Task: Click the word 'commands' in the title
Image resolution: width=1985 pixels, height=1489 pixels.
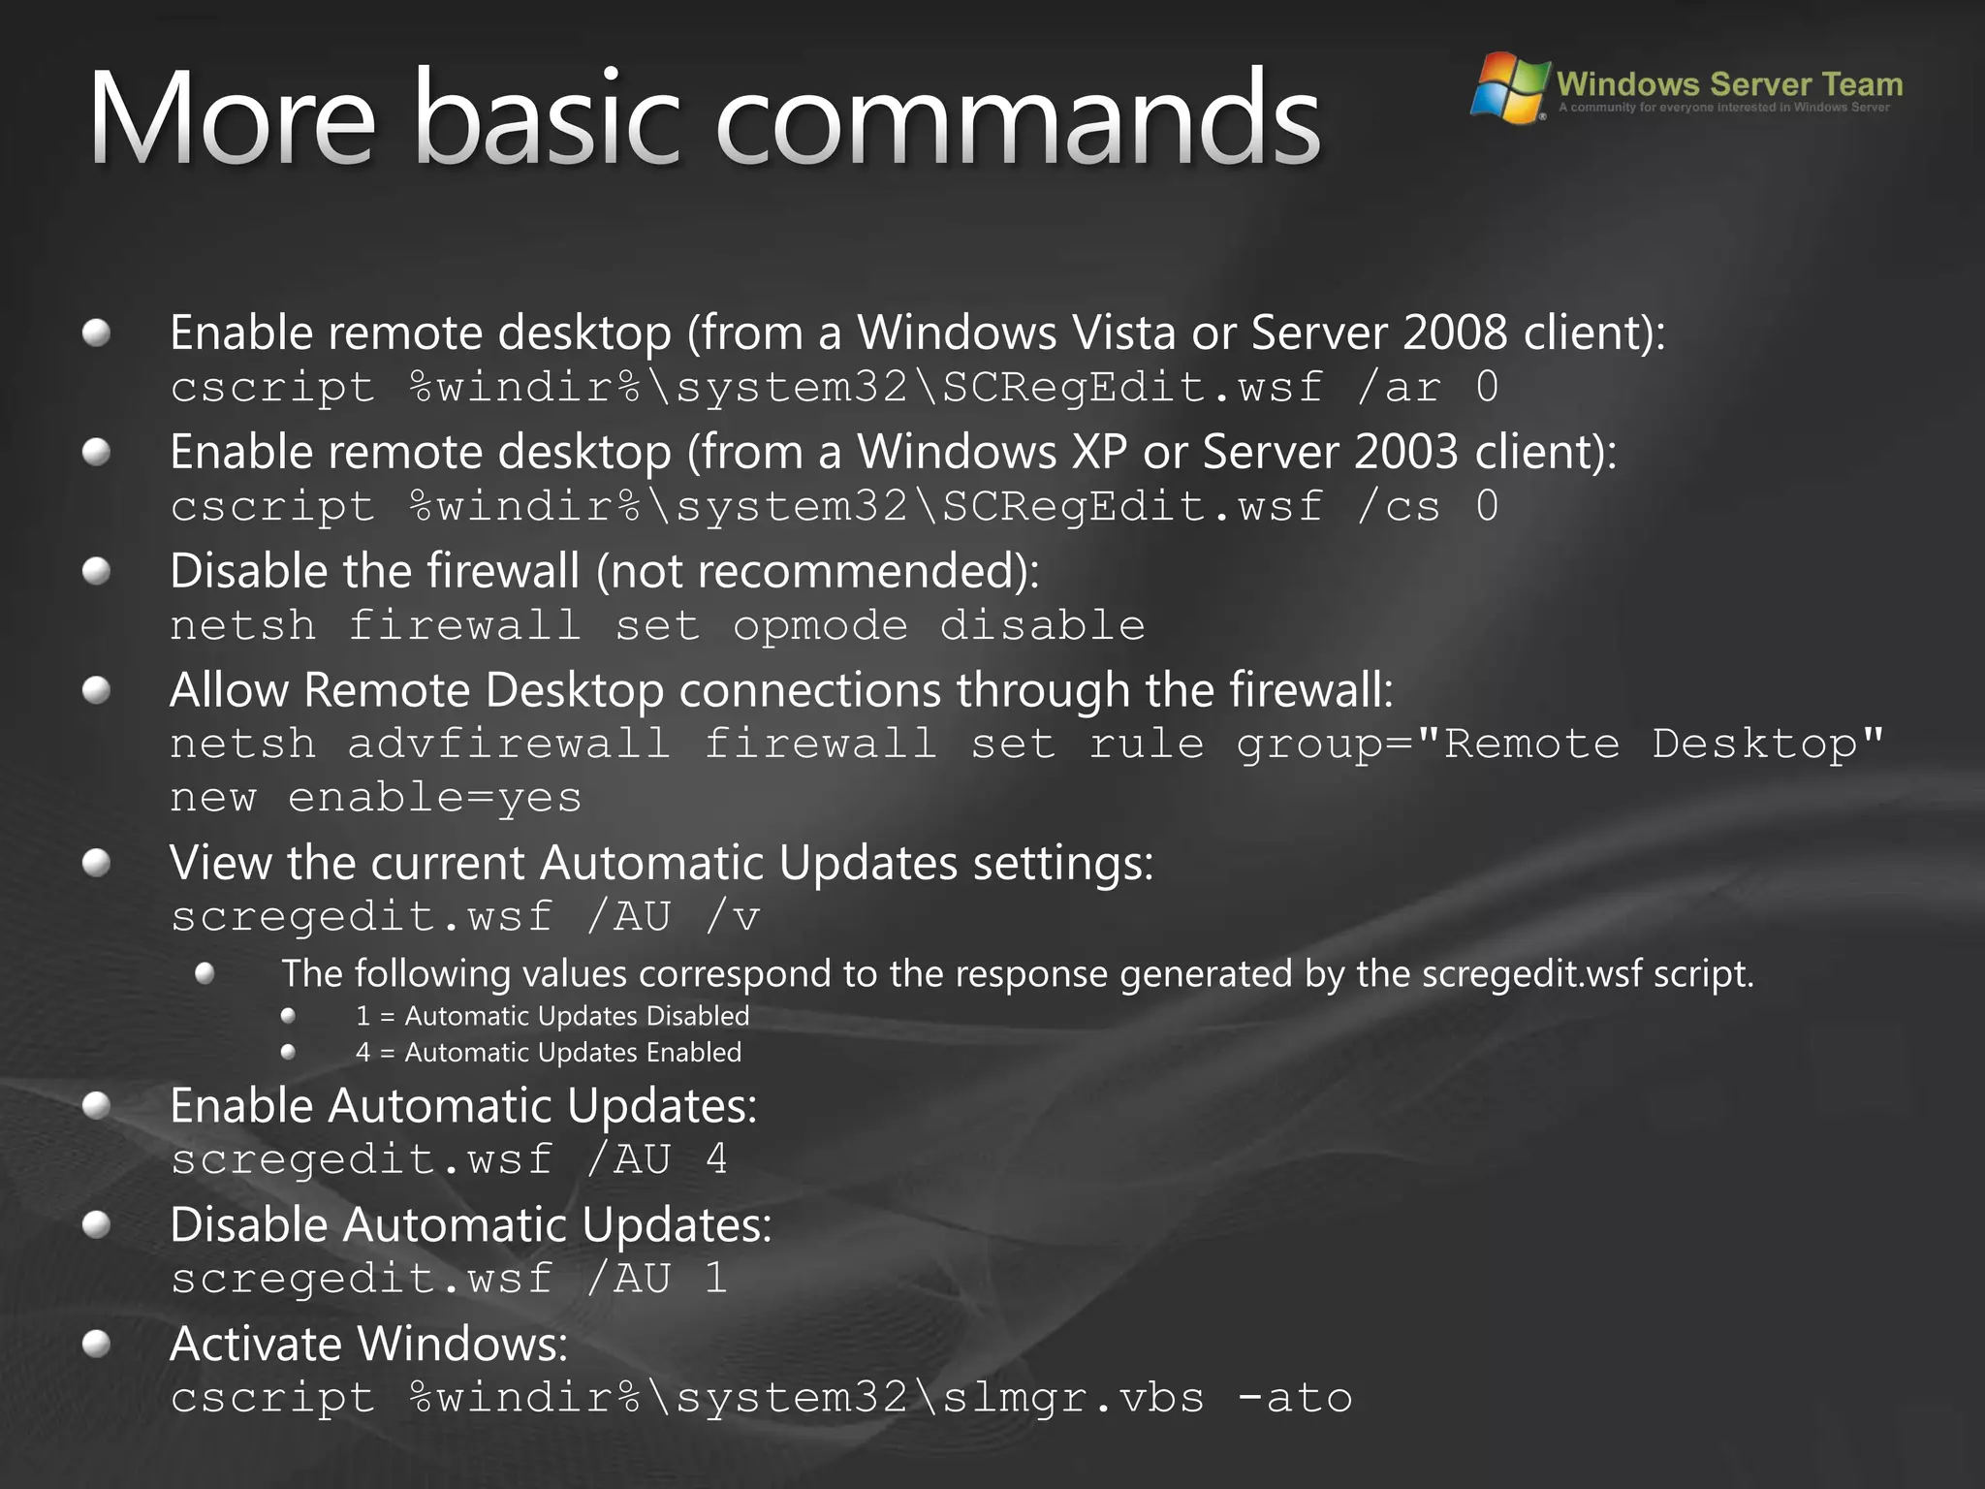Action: [x=1018, y=118]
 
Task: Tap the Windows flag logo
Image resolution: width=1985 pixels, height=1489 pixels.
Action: [x=1508, y=87]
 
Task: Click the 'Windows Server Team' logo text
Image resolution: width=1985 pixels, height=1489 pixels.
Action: [x=1729, y=84]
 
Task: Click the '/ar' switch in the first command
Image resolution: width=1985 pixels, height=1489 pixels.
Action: [x=1399, y=387]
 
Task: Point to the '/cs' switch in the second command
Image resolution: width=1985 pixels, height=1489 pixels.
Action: [x=1399, y=506]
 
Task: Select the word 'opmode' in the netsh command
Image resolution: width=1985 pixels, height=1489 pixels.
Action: [x=820, y=626]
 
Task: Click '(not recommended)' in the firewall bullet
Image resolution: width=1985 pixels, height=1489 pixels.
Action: [x=817, y=571]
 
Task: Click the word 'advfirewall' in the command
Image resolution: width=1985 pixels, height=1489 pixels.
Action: [x=508, y=744]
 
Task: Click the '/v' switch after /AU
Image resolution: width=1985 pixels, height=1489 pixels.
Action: [x=734, y=917]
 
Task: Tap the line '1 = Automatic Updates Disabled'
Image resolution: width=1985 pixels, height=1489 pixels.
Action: [x=552, y=1016]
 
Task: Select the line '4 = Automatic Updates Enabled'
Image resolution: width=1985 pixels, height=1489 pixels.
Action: [x=549, y=1052]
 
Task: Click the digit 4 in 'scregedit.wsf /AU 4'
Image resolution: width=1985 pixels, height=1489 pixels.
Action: [x=716, y=1159]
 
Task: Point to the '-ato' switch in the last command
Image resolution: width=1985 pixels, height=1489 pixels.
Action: [x=1295, y=1398]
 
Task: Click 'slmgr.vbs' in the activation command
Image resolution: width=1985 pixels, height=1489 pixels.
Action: [x=1074, y=1398]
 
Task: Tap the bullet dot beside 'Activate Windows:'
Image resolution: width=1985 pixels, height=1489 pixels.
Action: [x=96, y=1345]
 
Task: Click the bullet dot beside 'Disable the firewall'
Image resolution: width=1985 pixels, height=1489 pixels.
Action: [x=96, y=572]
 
